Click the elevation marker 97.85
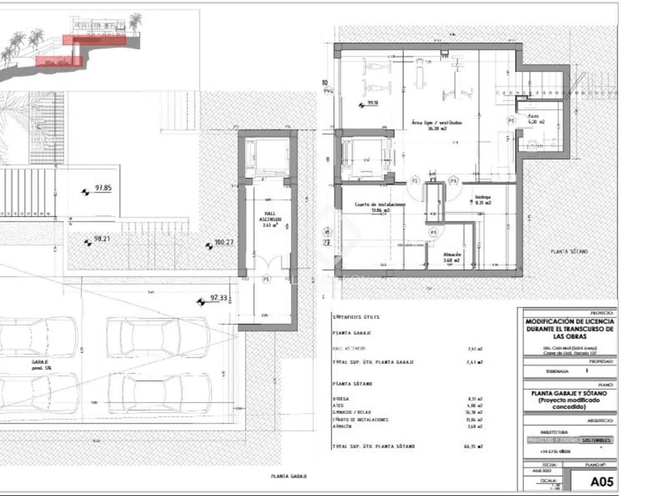103,188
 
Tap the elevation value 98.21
102,239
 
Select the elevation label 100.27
224,242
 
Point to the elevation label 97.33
219,298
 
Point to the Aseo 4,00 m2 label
536,119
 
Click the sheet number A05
602,482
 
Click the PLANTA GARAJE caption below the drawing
289,476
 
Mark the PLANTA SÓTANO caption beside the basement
569,251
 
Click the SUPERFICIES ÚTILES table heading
356,317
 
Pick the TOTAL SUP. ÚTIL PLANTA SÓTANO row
373,446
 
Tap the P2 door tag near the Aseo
511,121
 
